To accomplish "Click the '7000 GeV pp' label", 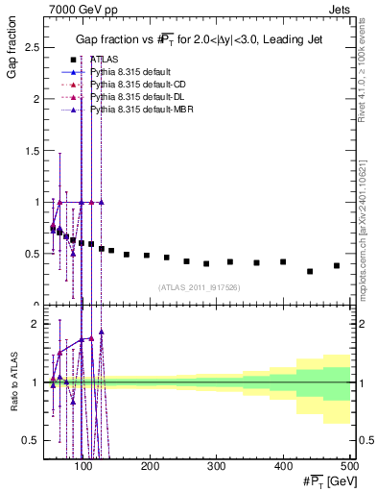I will click(76, 8).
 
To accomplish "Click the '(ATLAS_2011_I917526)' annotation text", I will click(199, 286).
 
